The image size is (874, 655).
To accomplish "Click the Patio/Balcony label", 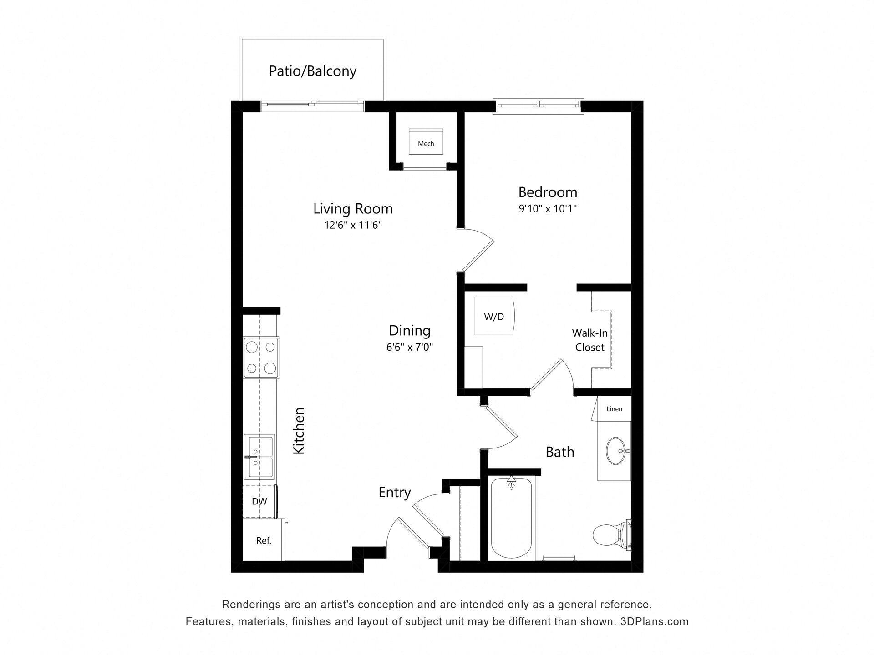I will click(312, 71).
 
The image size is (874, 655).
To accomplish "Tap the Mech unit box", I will click(426, 143).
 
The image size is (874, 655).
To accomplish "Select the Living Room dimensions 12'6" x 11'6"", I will click(353, 225).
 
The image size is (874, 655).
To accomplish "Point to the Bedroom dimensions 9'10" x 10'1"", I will click(548, 209).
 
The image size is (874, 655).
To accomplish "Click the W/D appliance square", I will click(494, 316).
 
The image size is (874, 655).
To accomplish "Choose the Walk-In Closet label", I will click(589, 340).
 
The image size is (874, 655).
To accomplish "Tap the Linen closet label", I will click(614, 409).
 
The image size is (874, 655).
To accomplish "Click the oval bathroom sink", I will click(617, 451).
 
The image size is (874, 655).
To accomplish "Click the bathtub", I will click(511, 519).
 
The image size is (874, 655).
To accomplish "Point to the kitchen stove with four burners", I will click(261, 358).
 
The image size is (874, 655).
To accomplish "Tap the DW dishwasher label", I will click(259, 502).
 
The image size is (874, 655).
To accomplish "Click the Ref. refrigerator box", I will click(264, 540).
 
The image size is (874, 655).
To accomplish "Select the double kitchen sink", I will click(259, 457).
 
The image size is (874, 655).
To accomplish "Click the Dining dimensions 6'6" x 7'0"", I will click(409, 348).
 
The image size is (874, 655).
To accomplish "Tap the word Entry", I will click(394, 492).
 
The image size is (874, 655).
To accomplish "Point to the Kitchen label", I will click(299, 430).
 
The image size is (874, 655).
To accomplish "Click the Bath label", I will click(559, 452).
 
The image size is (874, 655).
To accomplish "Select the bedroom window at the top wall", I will click(539, 106).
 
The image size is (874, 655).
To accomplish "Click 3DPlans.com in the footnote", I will click(654, 621).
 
